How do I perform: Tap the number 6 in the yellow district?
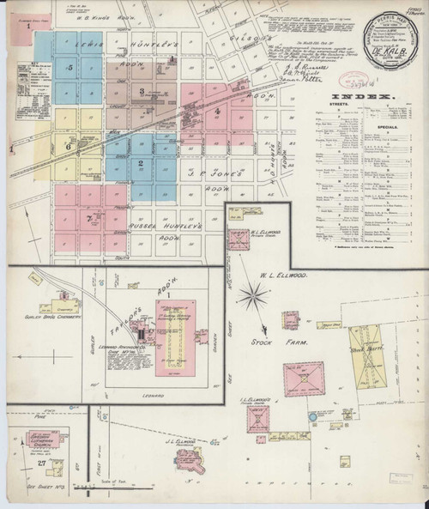pyautogui.click(x=66, y=147)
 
